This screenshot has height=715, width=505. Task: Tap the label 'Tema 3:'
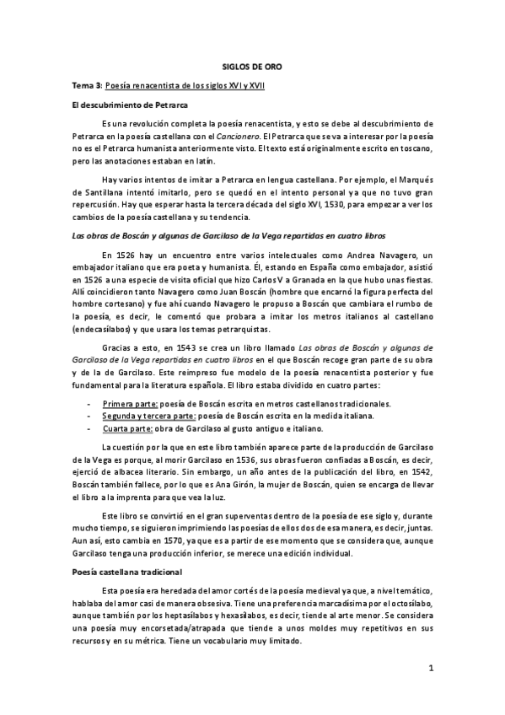tap(84, 89)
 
